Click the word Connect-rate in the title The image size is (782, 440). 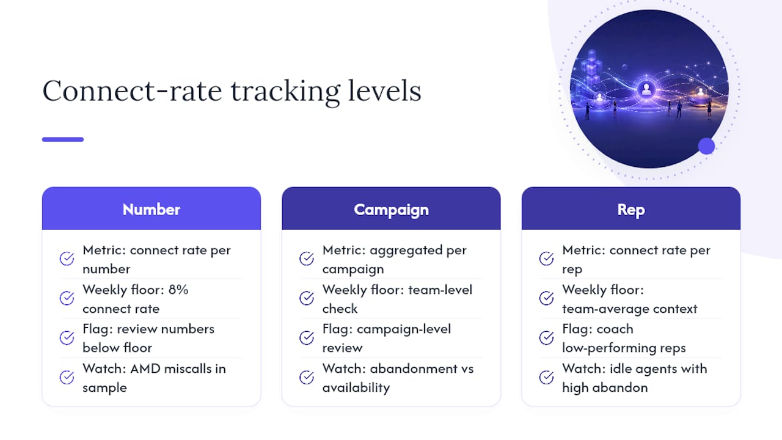pyautogui.click(x=132, y=91)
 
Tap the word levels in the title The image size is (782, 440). pyautogui.click(x=384, y=90)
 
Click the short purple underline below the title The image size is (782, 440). pyautogui.click(x=63, y=139)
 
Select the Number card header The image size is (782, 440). pyautogui.click(x=152, y=208)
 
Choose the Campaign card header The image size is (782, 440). pyautogui.click(x=392, y=208)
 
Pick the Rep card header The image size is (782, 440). pyautogui.click(x=631, y=208)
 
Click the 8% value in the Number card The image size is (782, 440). pyautogui.click(x=178, y=290)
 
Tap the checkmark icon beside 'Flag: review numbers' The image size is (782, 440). pyautogui.click(x=67, y=338)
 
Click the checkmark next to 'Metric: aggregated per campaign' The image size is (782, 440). pyautogui.click(x=307, y=258)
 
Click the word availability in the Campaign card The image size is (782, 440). pyautogui.click(x=356, y=388)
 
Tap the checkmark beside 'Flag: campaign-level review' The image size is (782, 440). pyautogui.click(x=307, y=338)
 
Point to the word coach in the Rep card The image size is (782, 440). pyautogui.click(x=615, y=329)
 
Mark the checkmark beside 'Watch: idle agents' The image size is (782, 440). pyautogui.click(x=546, y=377)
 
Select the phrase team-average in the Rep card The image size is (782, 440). pyautogui.click(x=605, y=309)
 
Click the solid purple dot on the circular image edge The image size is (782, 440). pyautogui.click(x=707, y=146)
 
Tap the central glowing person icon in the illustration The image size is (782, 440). pyautogui.click(x=646, y=89)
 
